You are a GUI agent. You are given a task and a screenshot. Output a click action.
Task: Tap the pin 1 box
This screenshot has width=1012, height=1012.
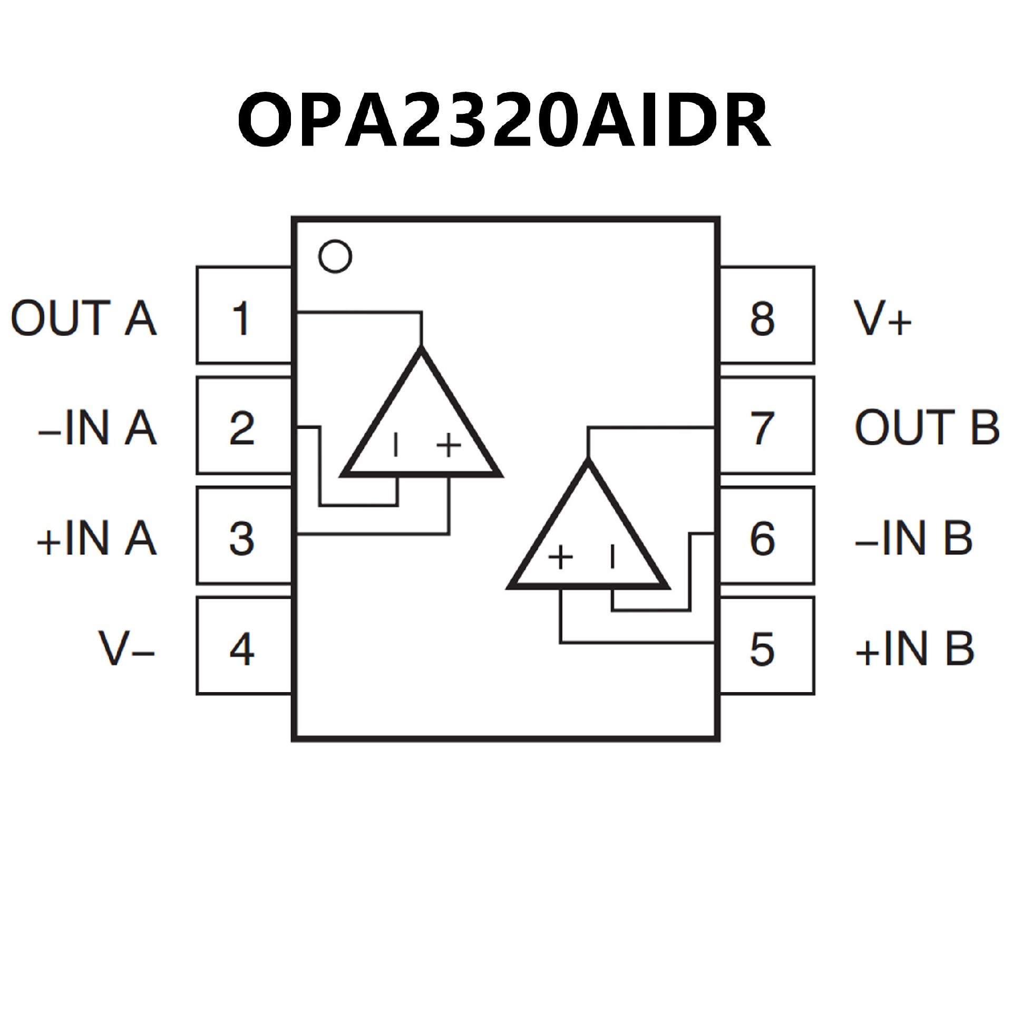point(244,315)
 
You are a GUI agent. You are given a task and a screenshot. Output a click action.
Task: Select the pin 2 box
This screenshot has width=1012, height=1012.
point(244,426)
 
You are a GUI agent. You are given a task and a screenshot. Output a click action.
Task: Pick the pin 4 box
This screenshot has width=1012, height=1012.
point(244,646)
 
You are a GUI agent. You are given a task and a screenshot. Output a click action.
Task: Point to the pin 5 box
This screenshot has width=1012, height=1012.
point(766,646)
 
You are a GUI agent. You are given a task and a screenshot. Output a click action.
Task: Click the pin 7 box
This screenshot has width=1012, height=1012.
point(766,426)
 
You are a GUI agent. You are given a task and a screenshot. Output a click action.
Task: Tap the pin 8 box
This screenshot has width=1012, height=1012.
point(766,315)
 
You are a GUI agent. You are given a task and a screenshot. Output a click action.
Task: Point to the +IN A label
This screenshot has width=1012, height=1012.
point(96,539)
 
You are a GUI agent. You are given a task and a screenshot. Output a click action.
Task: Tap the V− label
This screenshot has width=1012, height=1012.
point(126,648)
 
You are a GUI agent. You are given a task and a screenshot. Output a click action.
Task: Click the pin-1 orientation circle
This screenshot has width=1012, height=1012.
point(335,257)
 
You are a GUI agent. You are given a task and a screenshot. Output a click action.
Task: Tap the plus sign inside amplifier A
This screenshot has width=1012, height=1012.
point(449,445)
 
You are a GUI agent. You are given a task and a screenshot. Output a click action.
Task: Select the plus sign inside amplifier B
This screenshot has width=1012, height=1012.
point(561,557)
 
